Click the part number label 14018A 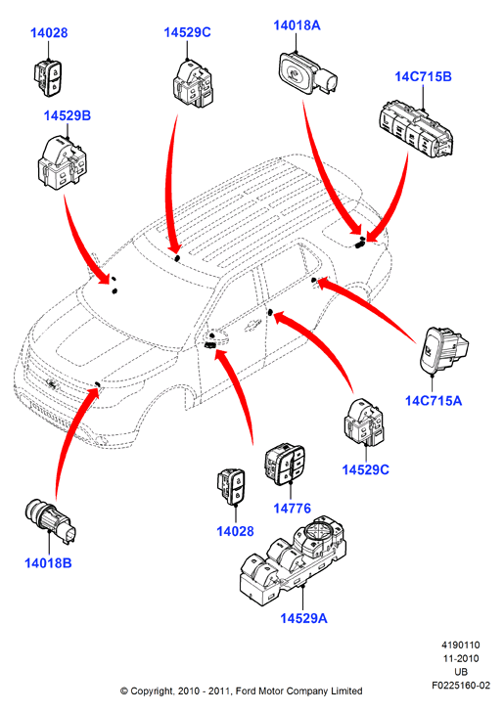click(x=297, y=25)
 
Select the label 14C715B click(x=423, y=76)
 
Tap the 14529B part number click(x=68, y=115)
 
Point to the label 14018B click(x=48, y=563)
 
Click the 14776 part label click(x=293, y=509)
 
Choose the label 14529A click(x=303, y=618)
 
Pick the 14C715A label click(x=434, y=401)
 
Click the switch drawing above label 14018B click(x=51, y=520)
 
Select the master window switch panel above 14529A click(x=293, y=559)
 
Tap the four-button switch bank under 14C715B click(x=416, y=130)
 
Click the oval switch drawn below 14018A click(x=306, y=73)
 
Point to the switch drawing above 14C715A click(x=443, y=351)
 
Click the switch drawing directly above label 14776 click(x=285, y=464)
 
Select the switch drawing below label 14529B click(x=62, y=163)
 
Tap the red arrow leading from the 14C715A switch click(x=369, y=305)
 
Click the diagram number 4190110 click(x=461, y=645)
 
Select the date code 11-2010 click(x=461, y=658)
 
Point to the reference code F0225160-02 click(x=461, y=686)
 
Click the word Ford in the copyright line click(x=246, y=691)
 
